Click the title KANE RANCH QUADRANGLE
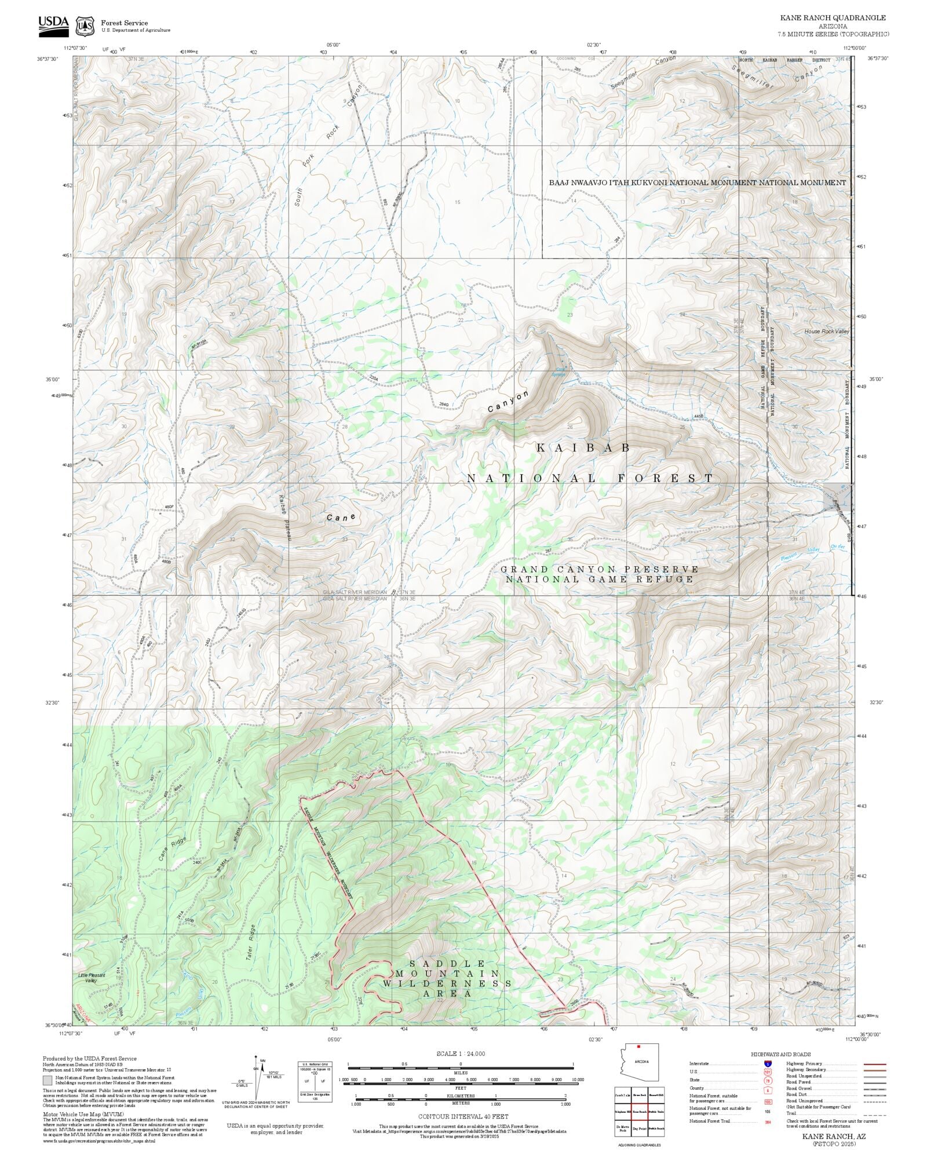(x=833, y=18)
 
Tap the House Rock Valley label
(x=826, y=332)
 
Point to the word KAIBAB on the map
(x=583, y=447)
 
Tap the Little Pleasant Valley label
(x=92, y=978)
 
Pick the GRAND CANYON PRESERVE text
(x=599, y=569)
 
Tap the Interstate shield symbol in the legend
(x=768, y=1064)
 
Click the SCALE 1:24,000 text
(x=461, y=1054)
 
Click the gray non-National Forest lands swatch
(x=48, y=1080)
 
